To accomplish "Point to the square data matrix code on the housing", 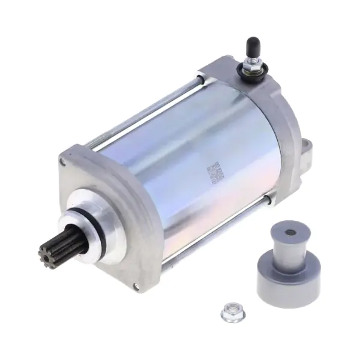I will click(x=214, y=172).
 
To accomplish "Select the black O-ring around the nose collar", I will click(x=100, y=231).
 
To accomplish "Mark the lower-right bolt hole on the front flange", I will click(x=136, y=285).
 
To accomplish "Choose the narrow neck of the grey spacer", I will click(x=289, y=246).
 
